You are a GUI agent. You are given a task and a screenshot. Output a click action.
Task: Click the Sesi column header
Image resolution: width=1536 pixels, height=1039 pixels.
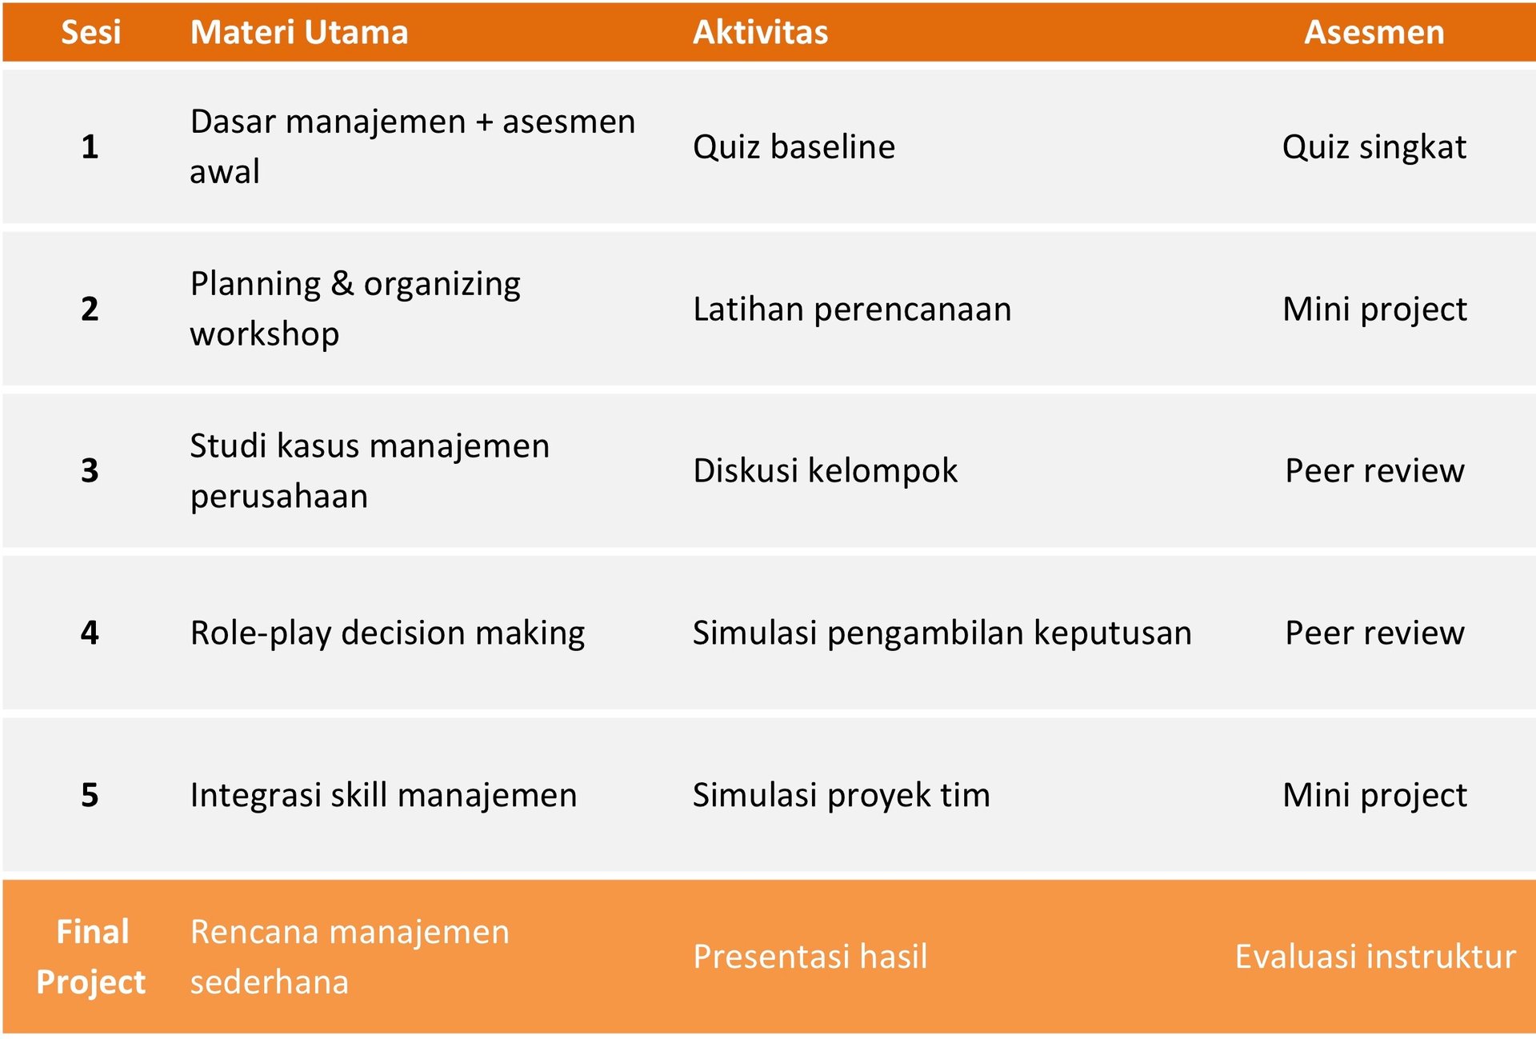point(91,33)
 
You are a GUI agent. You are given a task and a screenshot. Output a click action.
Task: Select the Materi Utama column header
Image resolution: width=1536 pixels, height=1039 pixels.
point(299,33)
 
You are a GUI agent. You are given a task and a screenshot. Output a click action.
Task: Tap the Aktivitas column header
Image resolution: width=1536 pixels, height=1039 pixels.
point(760,33)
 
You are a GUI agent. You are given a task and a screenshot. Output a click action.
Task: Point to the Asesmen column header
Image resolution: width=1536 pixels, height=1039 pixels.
point(1374,33)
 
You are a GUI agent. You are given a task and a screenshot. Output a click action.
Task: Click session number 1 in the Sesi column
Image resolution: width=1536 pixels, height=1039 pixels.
point(90,147)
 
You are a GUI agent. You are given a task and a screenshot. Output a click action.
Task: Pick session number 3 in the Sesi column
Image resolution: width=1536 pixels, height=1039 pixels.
point(90,470)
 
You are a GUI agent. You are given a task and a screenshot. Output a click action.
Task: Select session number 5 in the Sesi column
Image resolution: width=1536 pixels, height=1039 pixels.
point(90,795)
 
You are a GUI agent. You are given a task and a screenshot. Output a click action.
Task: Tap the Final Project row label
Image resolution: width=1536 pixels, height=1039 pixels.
point(91,957)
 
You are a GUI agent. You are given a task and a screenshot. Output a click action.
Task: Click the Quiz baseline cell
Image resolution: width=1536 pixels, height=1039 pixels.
point(794,147)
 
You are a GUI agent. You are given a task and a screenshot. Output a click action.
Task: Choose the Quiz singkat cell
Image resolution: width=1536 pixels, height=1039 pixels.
point(1374,147)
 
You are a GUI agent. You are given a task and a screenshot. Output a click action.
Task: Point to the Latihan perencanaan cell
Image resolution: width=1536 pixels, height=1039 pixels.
point(852,310)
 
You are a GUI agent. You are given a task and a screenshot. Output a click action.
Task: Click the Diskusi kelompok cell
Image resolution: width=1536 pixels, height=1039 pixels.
point(825,470)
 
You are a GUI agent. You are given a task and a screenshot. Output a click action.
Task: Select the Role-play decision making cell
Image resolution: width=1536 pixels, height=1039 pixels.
point(387,633)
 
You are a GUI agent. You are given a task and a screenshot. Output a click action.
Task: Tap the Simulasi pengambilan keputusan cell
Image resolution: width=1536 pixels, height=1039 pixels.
point(942,633)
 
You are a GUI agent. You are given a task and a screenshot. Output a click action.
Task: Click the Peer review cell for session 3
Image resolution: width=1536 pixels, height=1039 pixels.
point(1374,470)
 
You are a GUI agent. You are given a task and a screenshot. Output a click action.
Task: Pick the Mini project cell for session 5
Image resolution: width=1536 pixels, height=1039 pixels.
point(1374,795)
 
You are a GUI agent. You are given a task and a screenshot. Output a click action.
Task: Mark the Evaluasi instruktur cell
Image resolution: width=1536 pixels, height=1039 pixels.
point(1374,957)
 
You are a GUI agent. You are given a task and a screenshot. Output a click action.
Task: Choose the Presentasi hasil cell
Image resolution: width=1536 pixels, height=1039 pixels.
point(810,957)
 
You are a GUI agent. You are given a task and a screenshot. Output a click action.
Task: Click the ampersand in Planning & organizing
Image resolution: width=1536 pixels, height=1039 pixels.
point(342,284)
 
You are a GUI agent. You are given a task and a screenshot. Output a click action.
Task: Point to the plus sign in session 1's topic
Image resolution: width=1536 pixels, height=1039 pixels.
point(484,122)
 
